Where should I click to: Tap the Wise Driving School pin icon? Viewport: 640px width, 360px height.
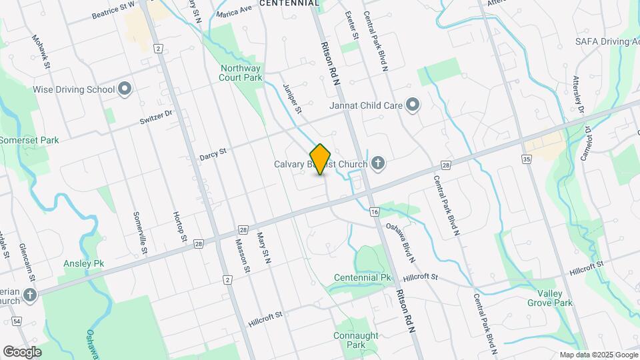(x=125, y=89)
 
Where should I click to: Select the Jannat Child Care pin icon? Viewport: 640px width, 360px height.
(x=413, y=105)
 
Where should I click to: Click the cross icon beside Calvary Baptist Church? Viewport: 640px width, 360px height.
(x=378, y=162)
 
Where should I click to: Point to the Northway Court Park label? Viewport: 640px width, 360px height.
(x=241, y=72)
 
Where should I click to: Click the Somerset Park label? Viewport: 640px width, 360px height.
(x=29, y=140)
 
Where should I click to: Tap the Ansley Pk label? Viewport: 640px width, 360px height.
(x=84, y=264)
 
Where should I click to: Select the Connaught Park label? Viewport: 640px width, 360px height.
(x=356, y=340)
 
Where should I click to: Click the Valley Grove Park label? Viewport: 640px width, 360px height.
(x=555, y=298)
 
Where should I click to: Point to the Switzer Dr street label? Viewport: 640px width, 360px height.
(x=157, y=116)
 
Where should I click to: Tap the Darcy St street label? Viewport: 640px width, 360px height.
(x=213, y=154)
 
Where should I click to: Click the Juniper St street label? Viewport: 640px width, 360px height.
(x=292, y=98)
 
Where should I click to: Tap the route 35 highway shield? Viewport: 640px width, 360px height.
(x=527, y=159)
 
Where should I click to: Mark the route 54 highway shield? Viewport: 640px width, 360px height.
(x=17, y=321)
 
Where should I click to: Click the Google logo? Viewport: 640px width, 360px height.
(x=22, y=351)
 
